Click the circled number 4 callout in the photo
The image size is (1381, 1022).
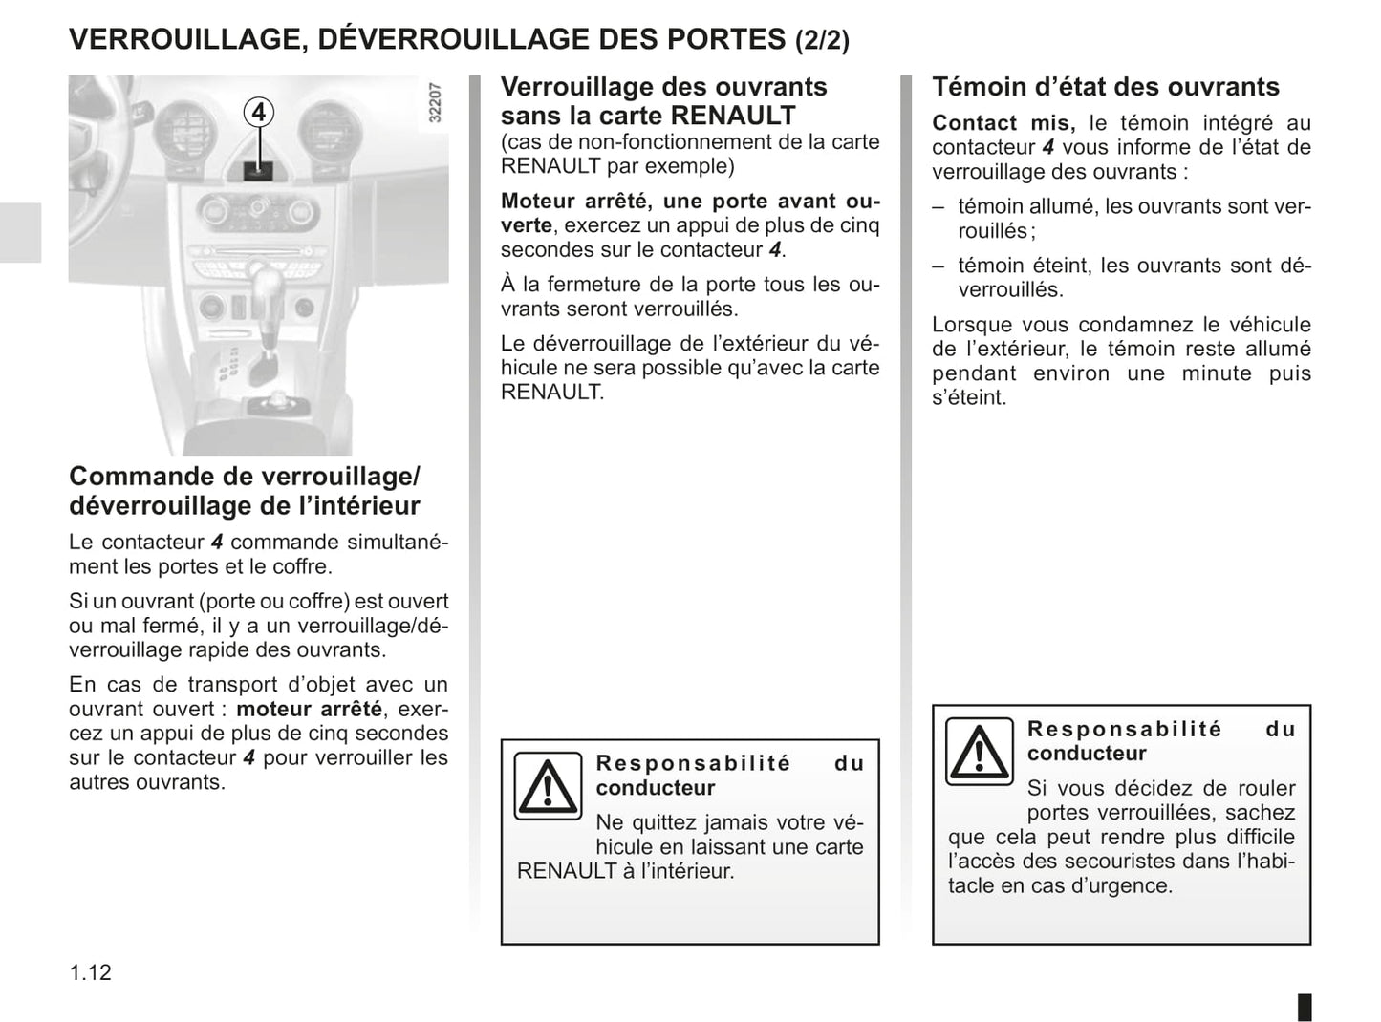[257, 113]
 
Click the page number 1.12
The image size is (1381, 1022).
[91, 972]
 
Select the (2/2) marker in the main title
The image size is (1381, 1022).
[822, 40]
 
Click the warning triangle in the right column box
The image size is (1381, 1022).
[979, 751]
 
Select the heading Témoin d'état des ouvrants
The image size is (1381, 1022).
[1105, 87]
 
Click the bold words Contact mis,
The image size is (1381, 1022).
[1003, 123]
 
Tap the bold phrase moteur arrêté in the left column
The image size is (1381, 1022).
[309, 709]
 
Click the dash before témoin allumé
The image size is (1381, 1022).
[939, 206]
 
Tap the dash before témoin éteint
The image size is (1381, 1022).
[939, 266]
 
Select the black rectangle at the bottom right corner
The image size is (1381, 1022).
[1305, 1007]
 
